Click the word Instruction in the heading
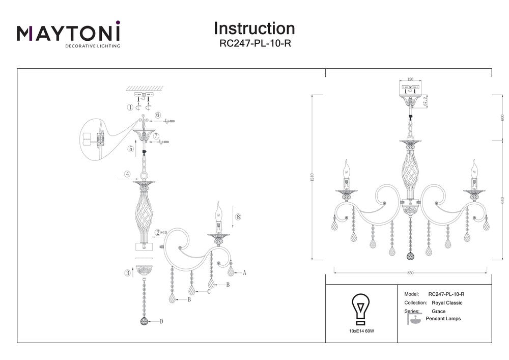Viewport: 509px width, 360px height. (254, 29)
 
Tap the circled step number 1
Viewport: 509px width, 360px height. (130, 107)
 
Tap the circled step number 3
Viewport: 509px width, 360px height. (128, 273)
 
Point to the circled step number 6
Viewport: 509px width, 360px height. (158, 116)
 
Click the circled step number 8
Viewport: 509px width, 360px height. (238, 217)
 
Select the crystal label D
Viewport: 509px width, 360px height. (161, 321)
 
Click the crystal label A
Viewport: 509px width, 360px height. (244, 273)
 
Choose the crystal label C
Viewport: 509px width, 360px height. (209, 292)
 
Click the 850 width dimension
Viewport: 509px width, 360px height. (410, 273)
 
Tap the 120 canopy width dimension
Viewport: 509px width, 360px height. (410, 80)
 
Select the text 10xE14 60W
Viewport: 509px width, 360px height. (360, 331)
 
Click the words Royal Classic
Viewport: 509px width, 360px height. (446, 302)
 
